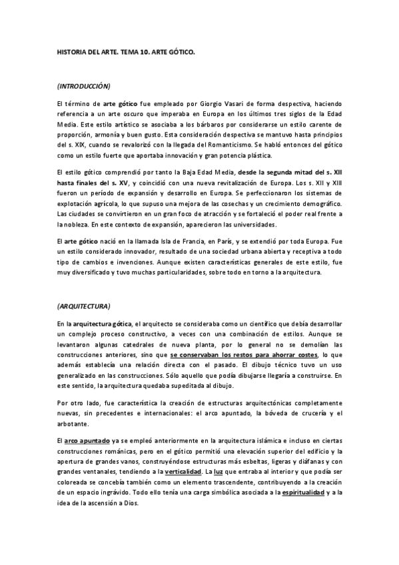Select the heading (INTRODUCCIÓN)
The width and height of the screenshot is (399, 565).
click(x=84, y=87)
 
